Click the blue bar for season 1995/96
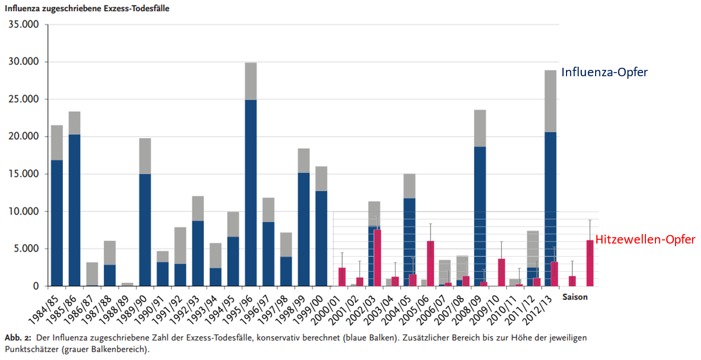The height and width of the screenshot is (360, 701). [x=250, y=193]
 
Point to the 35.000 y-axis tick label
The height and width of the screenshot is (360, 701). [x=23, y=24]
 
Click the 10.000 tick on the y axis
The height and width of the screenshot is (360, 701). [x=23, y=211]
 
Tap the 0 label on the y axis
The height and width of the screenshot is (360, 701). [x=36, y=286]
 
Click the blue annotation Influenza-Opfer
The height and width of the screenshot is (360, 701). [x=604, y=72]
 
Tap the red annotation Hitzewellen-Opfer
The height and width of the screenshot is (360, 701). [x=645, y=240]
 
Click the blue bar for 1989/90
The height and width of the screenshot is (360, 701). [x=145, y=230]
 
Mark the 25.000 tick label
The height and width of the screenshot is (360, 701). [x=23, y=99]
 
